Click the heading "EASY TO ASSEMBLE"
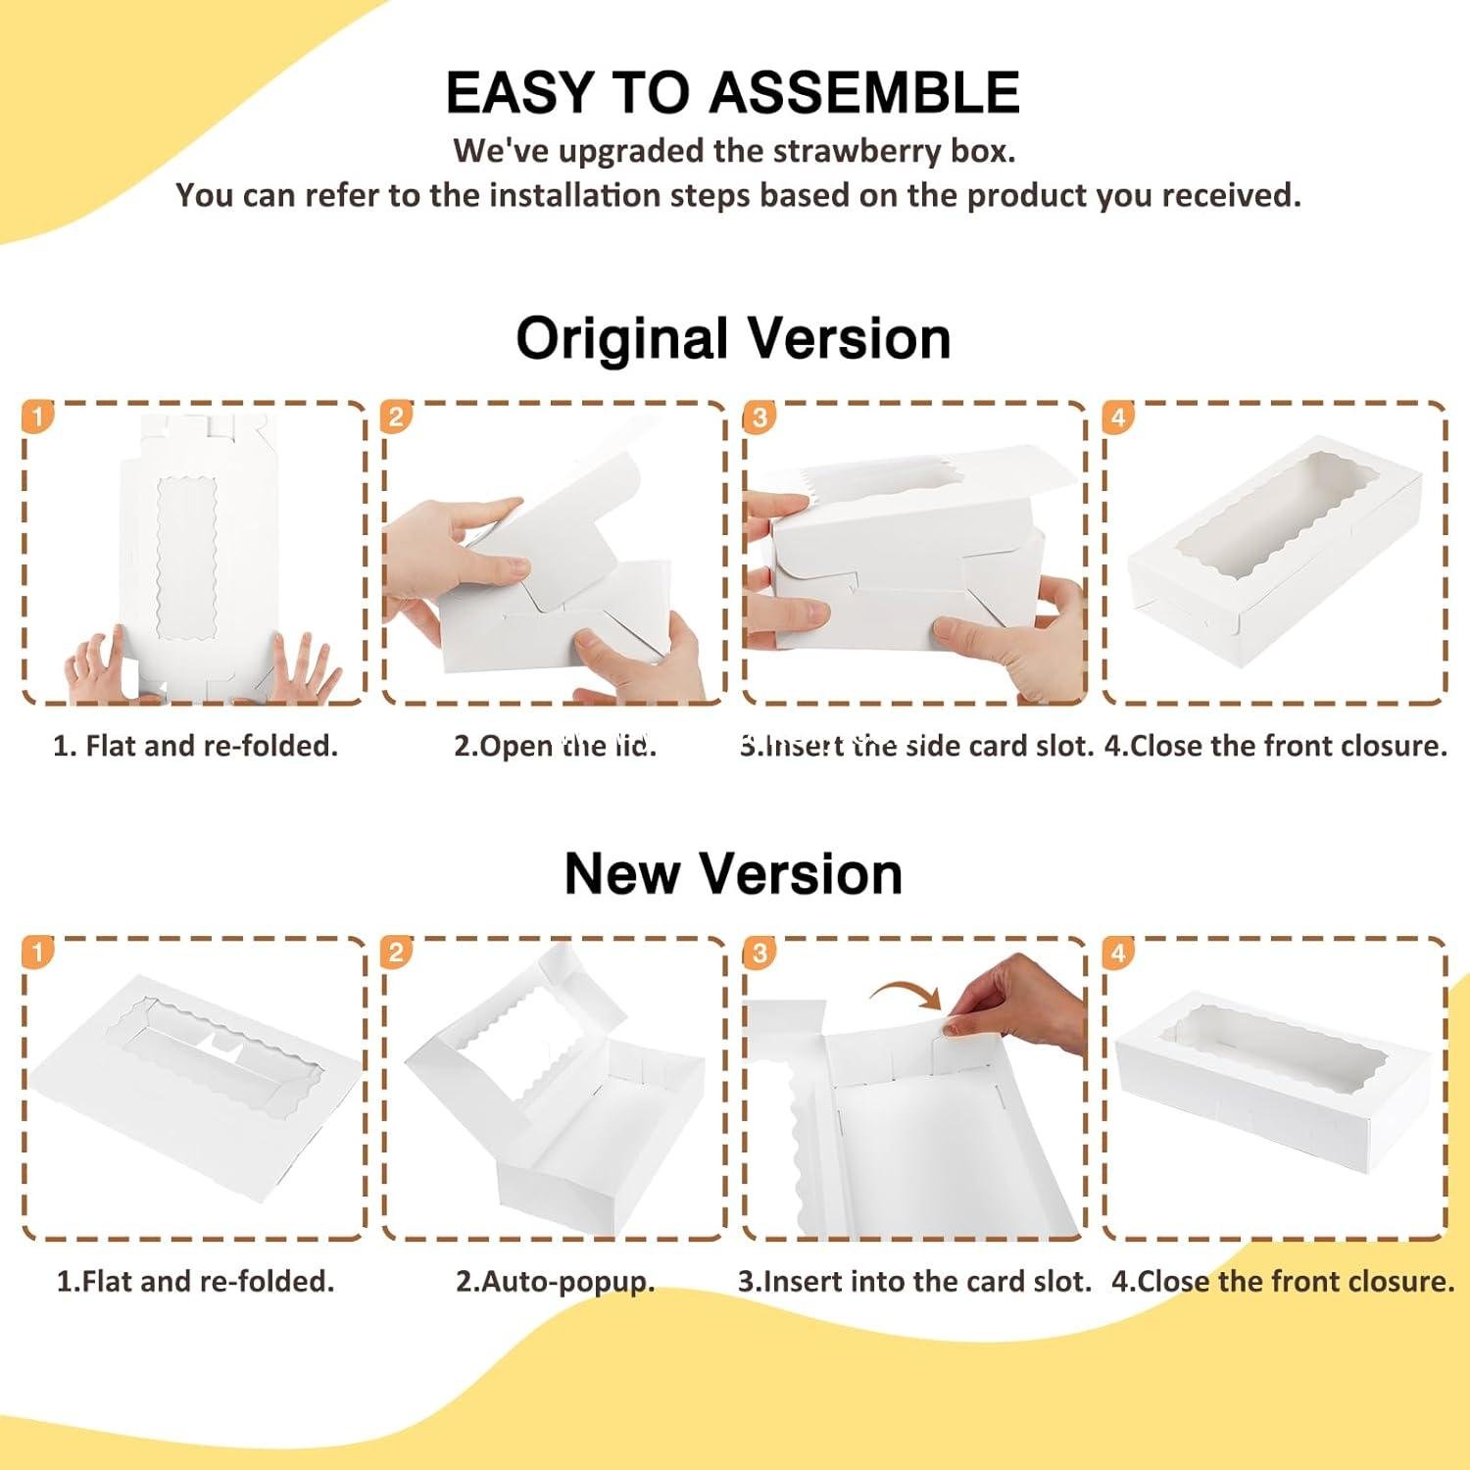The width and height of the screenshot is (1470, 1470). pyautogui.click(x=733, y=93)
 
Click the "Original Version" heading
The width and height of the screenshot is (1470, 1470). pyautogui.click(x=733, y=339)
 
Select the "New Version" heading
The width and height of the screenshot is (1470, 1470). pyautogui.click(x=733, y=873)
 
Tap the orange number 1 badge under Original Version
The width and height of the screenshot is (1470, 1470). pyautogui.click(x=36, y=417)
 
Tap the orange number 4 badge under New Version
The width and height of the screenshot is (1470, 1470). pyautogui.click(x=1118, y=953)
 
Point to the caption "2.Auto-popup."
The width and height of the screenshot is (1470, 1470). pyautogui.click(x=555, y=1281)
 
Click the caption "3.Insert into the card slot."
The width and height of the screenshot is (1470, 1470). pyautogui.click(x=914, y=1281)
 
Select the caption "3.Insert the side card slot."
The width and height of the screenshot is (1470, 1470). pyautogui.click(x=916, y=746)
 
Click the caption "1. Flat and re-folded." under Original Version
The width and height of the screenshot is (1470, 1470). pyautogui.click(x=195, y=746)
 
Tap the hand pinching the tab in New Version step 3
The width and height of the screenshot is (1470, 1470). pyautogui.click(x=1019, y=1009)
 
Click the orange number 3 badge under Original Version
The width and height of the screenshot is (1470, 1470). pyautogui.click(x=759, y=417)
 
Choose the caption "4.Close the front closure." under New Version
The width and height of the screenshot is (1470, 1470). pyautogui.click(x=1283, y=1281)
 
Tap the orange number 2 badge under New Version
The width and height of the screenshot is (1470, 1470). pyautogui.click(x=396, y=953)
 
